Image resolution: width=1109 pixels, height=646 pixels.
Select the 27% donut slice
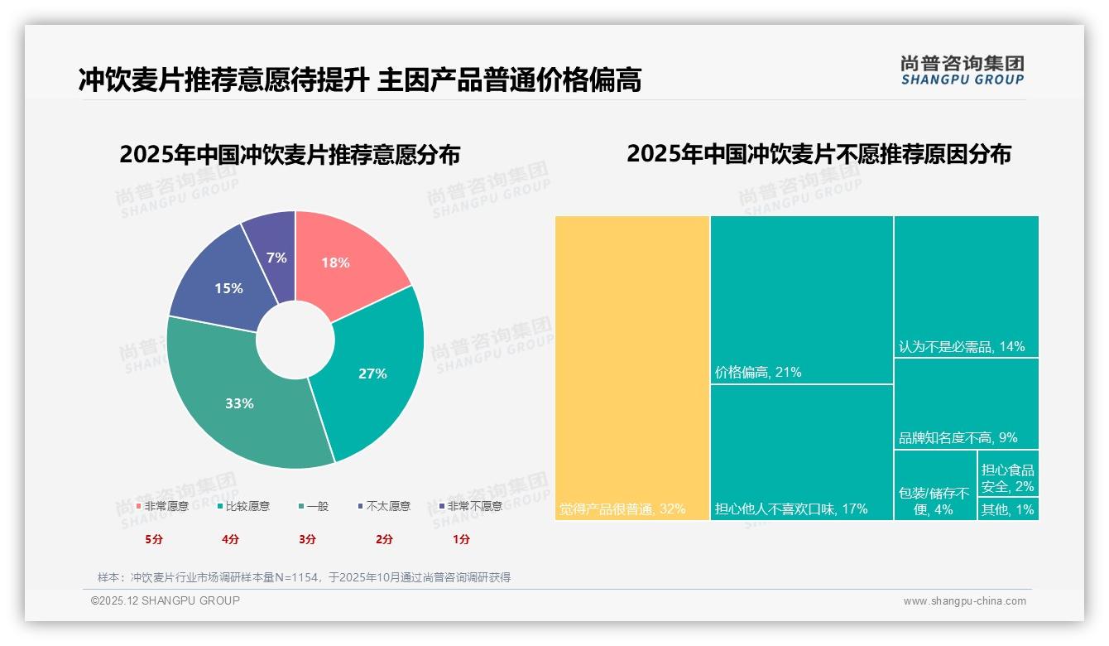[x=377, y=369]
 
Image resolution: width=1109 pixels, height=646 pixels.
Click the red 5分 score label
[x=154, y=539]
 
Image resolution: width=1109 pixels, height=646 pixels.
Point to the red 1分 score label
[x=461, y=539]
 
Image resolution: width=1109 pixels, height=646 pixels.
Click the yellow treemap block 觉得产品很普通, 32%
[x=632, y=368]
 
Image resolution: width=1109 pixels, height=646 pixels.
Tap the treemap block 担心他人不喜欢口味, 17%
[x=801, y=452]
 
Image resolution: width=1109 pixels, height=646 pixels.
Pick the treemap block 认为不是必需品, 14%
[x=966, y=286]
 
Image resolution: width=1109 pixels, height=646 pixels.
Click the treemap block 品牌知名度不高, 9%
[x=966, y=403]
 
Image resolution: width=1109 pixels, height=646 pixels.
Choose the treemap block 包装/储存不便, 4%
[x=935, y=485]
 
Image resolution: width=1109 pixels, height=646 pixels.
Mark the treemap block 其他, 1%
[x=1008, y=509]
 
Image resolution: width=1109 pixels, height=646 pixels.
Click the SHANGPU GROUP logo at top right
[x=962, y=70]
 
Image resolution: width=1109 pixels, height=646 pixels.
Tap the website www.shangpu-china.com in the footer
[x=964, y=601]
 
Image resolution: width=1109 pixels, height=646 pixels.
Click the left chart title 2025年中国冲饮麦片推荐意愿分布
[x=290, y=155]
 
